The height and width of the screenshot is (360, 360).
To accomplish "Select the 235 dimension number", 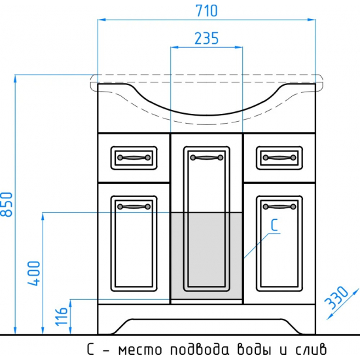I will pyautogui.click(x=206, y=39).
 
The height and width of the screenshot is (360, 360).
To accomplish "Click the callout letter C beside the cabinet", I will pyautogui.click(x=275, y=226).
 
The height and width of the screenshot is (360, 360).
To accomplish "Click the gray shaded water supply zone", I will pyautogui.click(x=207, y=255).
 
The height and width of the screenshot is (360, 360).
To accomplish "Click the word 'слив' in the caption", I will pyautogui.click(x=307, y=348).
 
